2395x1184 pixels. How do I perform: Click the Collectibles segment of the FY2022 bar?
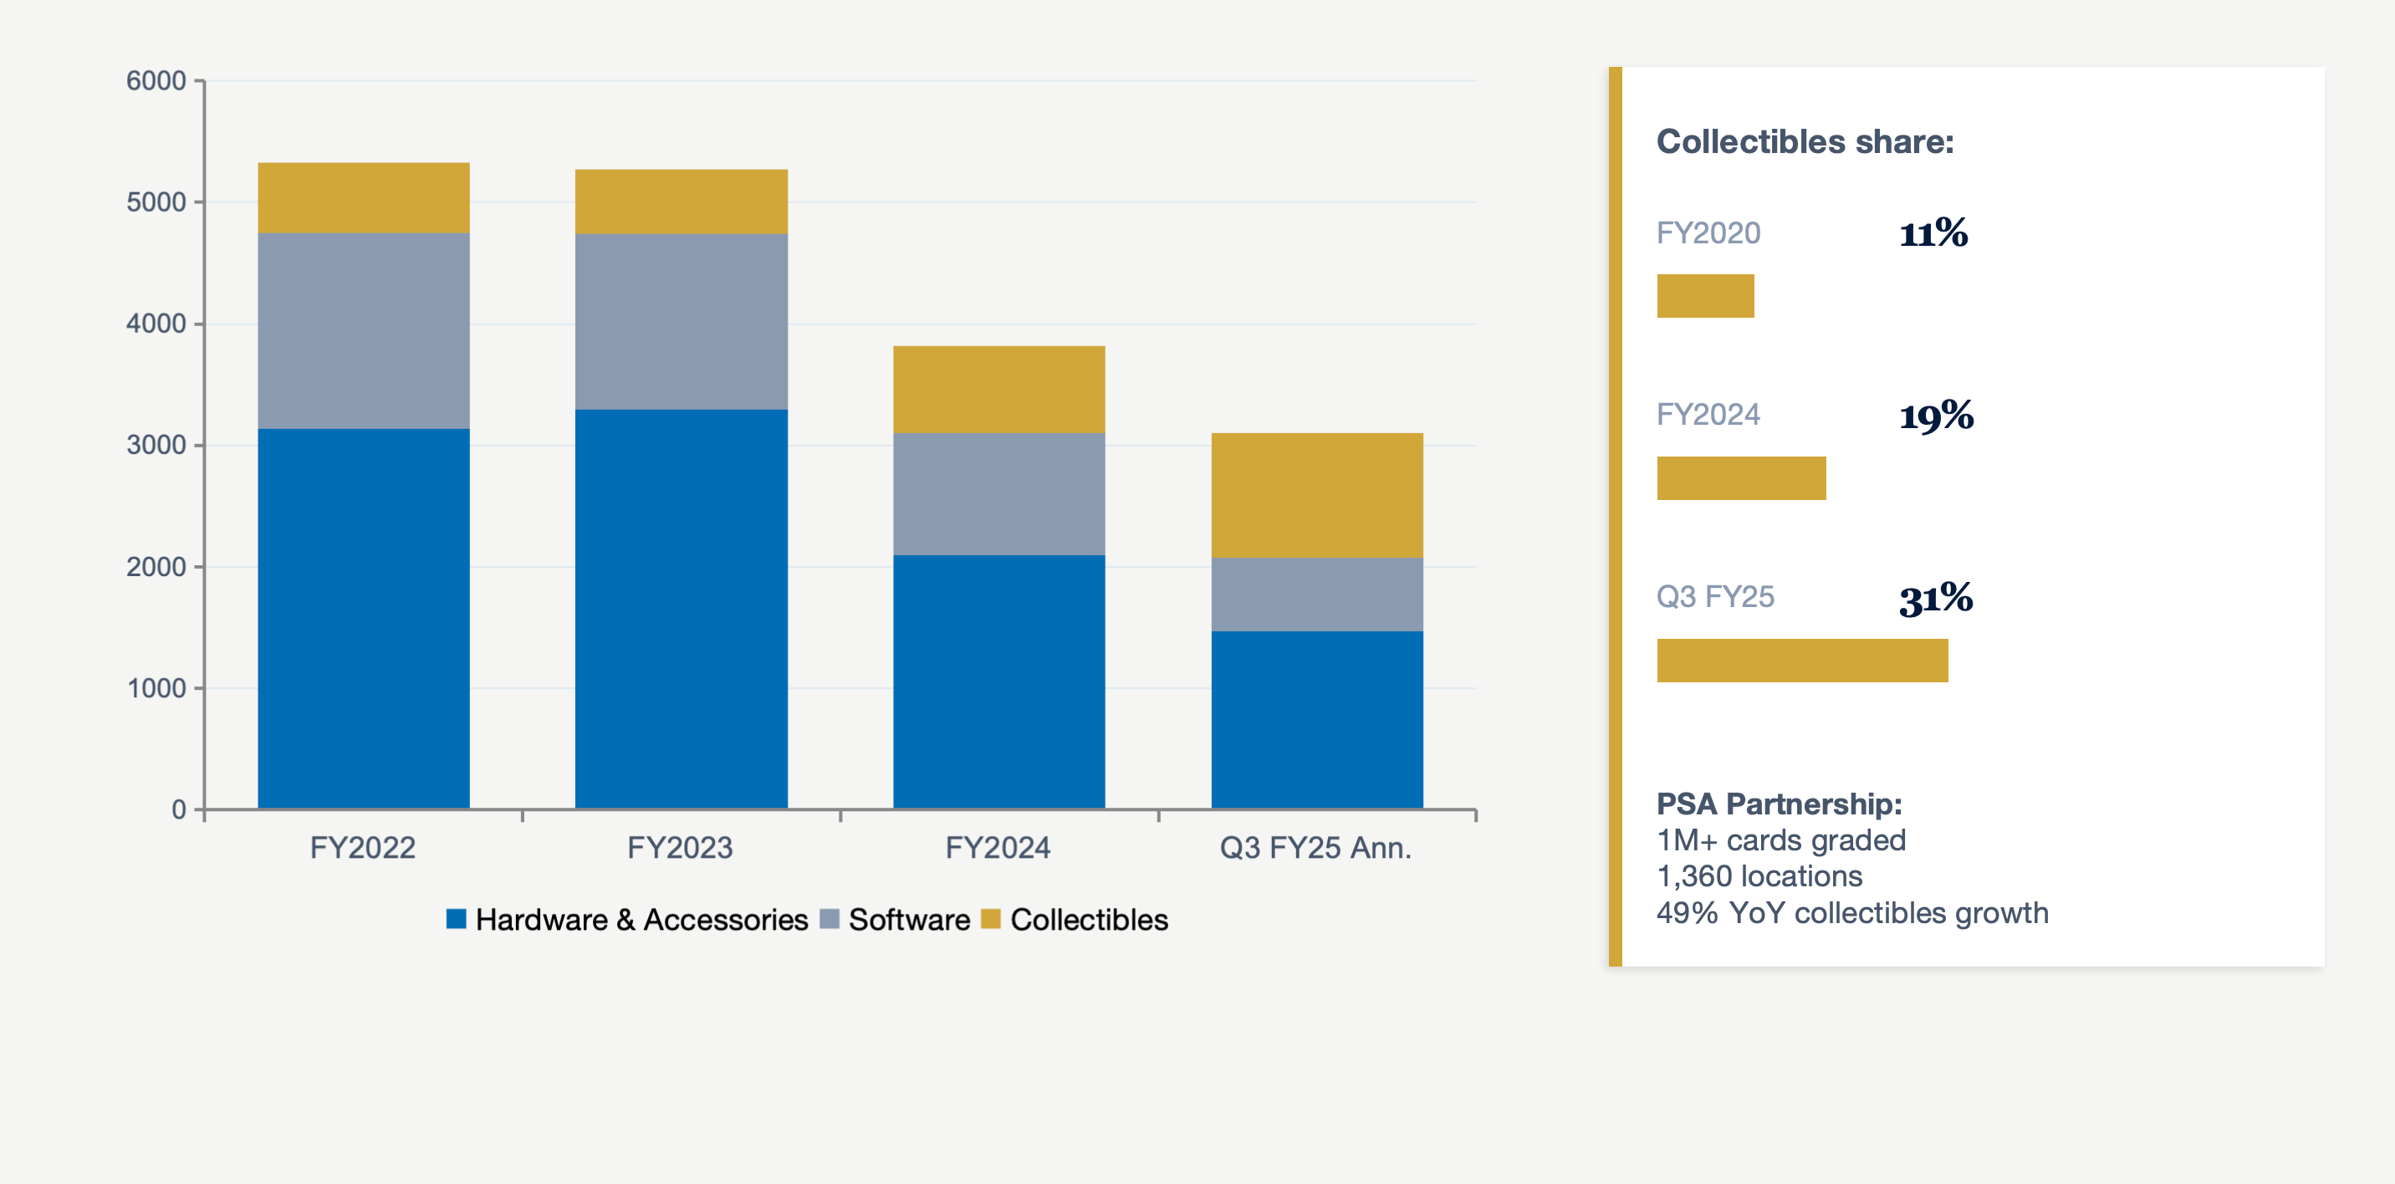click(x=364, y=198)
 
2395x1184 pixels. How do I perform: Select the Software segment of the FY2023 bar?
click(x=681, y=322)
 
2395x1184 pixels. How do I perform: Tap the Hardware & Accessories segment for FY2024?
click(x=998, y=681)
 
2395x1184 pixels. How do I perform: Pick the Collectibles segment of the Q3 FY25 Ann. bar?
click(x=1316, y=494)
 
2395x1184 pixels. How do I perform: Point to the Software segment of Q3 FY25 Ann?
click(x=1316, y=594)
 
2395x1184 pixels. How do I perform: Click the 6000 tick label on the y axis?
click(x=156, y=81)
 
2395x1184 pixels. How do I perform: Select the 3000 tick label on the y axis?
click(x=156, y=445)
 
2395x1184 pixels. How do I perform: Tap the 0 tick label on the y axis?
click(x=178, y=809)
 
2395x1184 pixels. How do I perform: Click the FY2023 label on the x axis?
click(x=680, y=848)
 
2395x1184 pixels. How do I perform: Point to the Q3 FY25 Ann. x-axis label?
click(x=1315, y=848)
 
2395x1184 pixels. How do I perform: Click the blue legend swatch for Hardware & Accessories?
click(x=456, y=919)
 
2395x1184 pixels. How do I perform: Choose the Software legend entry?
click(x=908, y=920)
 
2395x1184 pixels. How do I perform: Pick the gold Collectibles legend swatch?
click(x=990, y=919)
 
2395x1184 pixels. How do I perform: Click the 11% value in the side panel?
click(x=1933, y=233)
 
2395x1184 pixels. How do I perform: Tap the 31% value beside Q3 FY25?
click(x=1936, y=598)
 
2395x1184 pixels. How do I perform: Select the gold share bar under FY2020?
click(x=1705, y=295)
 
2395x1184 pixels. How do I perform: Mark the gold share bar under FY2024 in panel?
click(x=1740, y=477)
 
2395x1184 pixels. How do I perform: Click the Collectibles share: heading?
click(x=1805, y=141)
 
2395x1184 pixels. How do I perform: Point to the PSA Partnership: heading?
click(x=1779, y=804)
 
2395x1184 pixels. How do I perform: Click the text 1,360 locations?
click(x=1759, y=876)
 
